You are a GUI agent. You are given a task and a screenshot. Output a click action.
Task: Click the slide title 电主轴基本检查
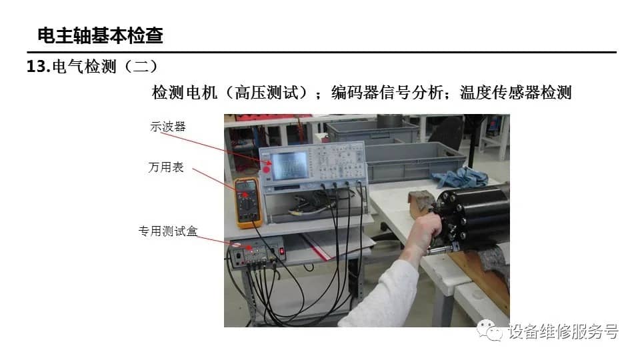[x=101, y=35]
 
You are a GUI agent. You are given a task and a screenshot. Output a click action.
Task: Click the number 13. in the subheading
[x=39, y=67]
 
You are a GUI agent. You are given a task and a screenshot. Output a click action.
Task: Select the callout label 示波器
[x=168, y=127]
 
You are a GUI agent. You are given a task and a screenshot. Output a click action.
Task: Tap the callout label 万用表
[x=166, y=167]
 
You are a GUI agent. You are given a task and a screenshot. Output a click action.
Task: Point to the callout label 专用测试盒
[x=168, y=231]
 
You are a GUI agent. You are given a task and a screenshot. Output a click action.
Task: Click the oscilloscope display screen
[x=290, y=166]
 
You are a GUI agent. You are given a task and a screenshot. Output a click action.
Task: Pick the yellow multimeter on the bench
[x=248, y=203]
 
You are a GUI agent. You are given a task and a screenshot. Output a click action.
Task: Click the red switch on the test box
[x=281, y=251]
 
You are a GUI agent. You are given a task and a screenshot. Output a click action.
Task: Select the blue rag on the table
[x=461, y=177]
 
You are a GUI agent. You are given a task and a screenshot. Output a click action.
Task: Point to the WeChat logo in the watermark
[x=489, y=330]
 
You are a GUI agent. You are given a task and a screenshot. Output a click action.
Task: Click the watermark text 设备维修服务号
[x=563, y=331]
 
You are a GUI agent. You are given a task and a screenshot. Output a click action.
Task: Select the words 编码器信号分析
[x=387, y=93]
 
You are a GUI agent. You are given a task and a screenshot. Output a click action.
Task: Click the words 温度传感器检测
[x=515, y=93]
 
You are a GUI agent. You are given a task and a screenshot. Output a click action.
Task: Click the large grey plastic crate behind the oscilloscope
[x=414, y=161]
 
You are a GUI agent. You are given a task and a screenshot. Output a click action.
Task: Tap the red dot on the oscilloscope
[x=267, y=169]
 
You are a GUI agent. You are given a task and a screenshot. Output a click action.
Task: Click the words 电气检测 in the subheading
[x=85, y=67]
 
